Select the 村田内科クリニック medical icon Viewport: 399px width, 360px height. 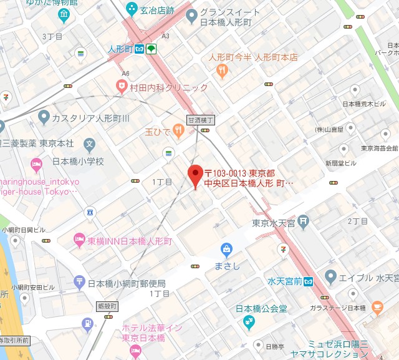click(x=122, y=84)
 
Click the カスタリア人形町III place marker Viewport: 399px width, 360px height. click(x=44, y=115)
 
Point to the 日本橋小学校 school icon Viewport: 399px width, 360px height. click(x=90, y=145)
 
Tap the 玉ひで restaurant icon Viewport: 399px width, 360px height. click(x=178, y=129)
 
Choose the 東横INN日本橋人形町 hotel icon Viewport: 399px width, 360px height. click(x=79, y=238)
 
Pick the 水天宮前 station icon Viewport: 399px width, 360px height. click(x=308, y=282)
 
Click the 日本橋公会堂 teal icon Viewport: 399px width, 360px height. click(x=249, y=322)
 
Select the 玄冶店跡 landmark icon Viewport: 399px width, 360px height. click(x=132, y=8)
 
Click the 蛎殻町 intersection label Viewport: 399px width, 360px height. click(x=107, y=306)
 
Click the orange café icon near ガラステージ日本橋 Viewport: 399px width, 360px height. click(x=377, y=307)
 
